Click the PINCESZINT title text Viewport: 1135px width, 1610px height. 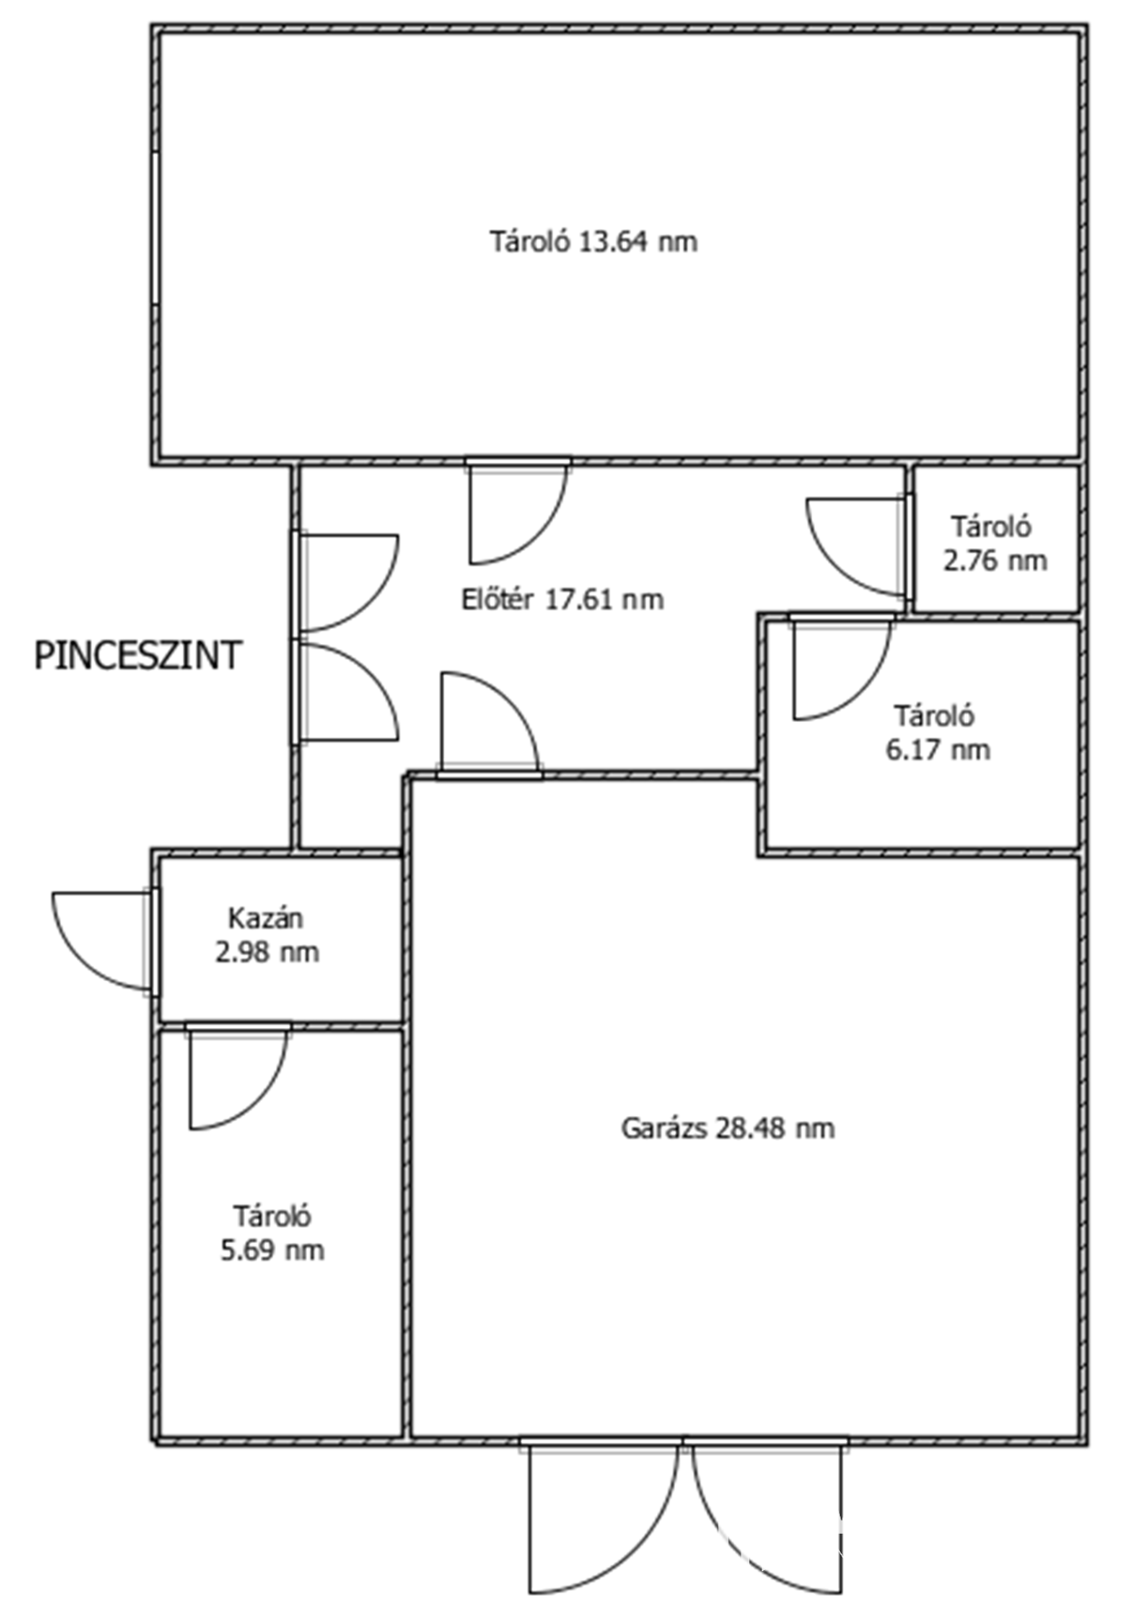click(137, 656)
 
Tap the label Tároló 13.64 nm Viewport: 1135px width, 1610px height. click(593, 241)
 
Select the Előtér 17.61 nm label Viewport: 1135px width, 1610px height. click(562, 600)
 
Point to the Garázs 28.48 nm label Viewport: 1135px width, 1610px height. click(727, 1128)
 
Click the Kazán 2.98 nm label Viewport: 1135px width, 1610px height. click(267, 935)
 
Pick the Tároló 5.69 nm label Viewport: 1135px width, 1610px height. click(272, 1233)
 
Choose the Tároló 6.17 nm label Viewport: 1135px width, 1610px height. click(937, 733)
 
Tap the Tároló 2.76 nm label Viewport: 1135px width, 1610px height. click(994, 544)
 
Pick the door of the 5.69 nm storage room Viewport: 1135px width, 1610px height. click(238, 1075)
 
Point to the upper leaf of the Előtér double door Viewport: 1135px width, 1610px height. click(345, 582)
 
